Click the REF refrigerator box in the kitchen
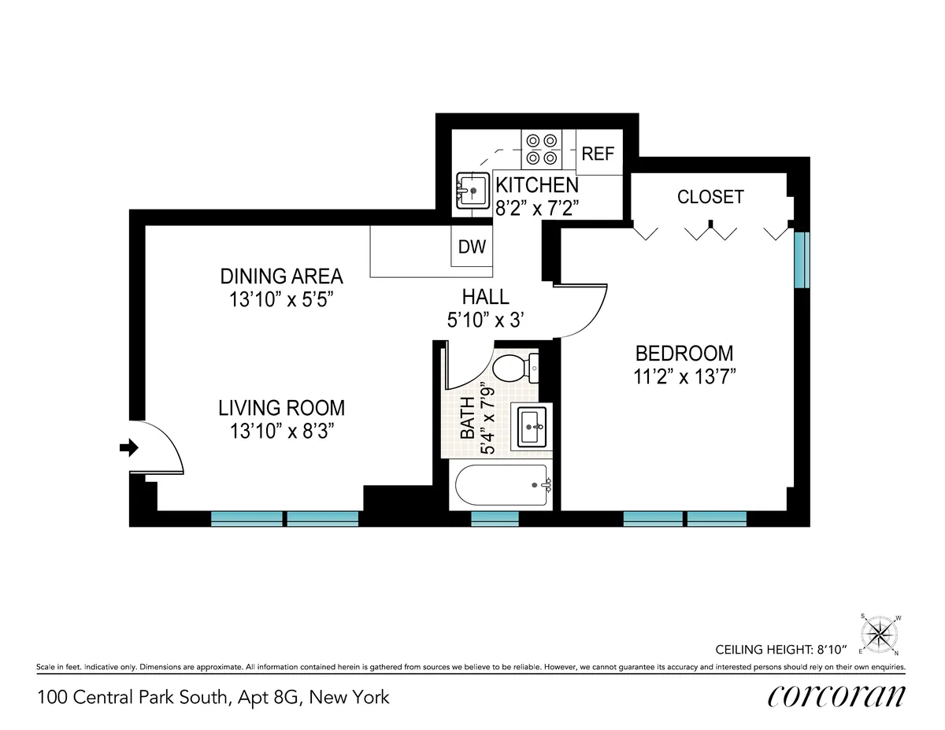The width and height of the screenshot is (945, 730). tap(598, 154)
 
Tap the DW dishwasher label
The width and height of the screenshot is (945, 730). tap(472, 246)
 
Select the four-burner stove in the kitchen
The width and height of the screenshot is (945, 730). tap(542, 149)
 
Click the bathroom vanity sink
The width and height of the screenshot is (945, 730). tap(532, 427)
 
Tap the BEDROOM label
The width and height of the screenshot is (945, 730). tap(684, 354)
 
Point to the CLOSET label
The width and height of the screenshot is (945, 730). tap(710, 197)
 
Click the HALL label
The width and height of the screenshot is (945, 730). tap(485, 297)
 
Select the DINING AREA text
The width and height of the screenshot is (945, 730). tap(281, 276)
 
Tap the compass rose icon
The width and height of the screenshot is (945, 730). tap(880, 633)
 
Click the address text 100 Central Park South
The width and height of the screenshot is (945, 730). tap(213, 697)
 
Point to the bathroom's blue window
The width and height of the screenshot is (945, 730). tap(495, 518)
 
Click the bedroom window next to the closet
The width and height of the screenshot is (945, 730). tap(801, 260)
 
